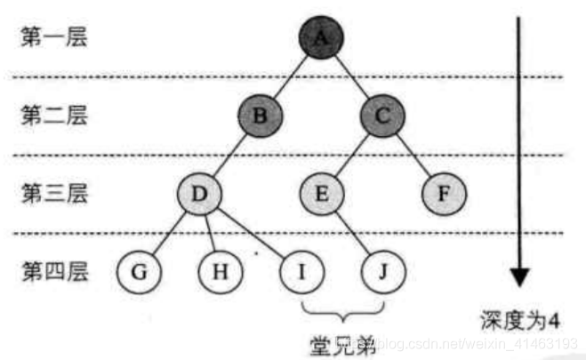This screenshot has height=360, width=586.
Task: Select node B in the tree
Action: click(x=259, y=116)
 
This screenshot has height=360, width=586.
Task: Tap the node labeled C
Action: click(x=381, y=116)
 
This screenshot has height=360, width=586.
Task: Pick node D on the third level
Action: click(x=198, y=192)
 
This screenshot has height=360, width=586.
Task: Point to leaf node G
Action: click(x=137, y=269)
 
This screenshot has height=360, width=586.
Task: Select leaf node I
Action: click(x=301, y=269)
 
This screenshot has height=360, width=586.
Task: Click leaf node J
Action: click(x=381, y=269)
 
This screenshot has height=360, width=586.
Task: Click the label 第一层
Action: click(x=52, y=40)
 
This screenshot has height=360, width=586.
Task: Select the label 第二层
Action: click(x=52, y=116)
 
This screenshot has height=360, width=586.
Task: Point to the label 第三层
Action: click(x=52, y=193)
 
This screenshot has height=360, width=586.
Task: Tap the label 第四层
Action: click(x=52, y=270)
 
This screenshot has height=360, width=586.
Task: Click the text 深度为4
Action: click(x=519, y=318)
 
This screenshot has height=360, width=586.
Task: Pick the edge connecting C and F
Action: click(x=413, y=155)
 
